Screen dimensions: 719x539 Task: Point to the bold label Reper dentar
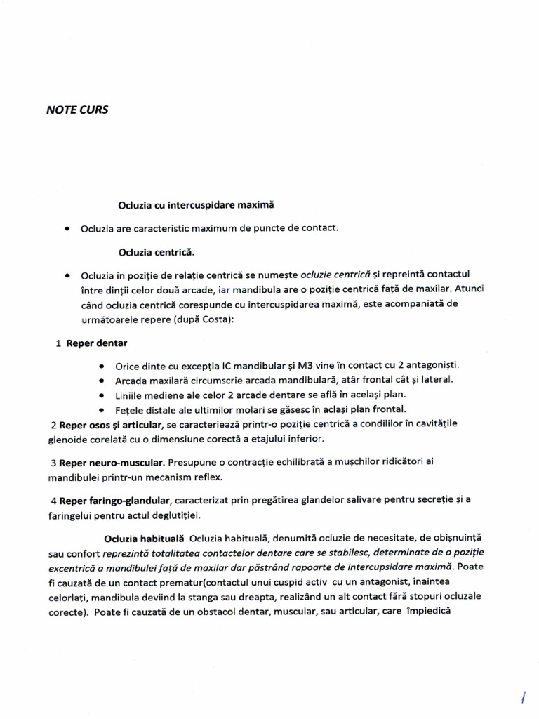pos(96,343)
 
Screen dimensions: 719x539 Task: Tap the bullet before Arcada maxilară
pos(102,381)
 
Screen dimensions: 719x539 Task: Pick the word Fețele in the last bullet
pos(131,409)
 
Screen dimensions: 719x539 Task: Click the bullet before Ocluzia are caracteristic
pos(67,228)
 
